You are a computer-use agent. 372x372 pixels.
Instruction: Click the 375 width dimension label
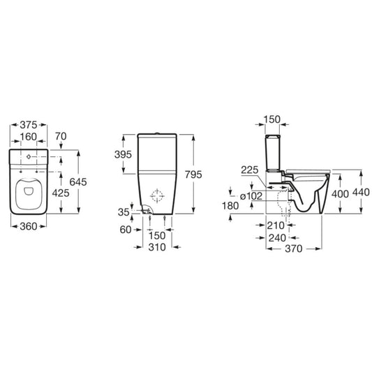coord(29,125)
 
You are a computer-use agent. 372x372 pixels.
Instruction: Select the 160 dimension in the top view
coord(29,137)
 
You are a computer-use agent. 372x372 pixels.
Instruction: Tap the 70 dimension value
coord(61,136)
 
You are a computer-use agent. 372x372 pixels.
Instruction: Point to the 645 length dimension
coord(78,182)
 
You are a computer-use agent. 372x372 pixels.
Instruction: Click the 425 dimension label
coord(61,193)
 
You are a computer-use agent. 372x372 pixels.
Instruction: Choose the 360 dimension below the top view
coord(29,226)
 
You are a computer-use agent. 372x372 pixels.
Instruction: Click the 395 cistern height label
coord(123,155)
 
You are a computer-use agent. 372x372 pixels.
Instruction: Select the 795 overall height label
coord(193,174)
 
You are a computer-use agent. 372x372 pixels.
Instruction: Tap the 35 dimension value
coord(124,212)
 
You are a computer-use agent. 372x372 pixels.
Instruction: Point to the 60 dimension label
coord(126,230)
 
